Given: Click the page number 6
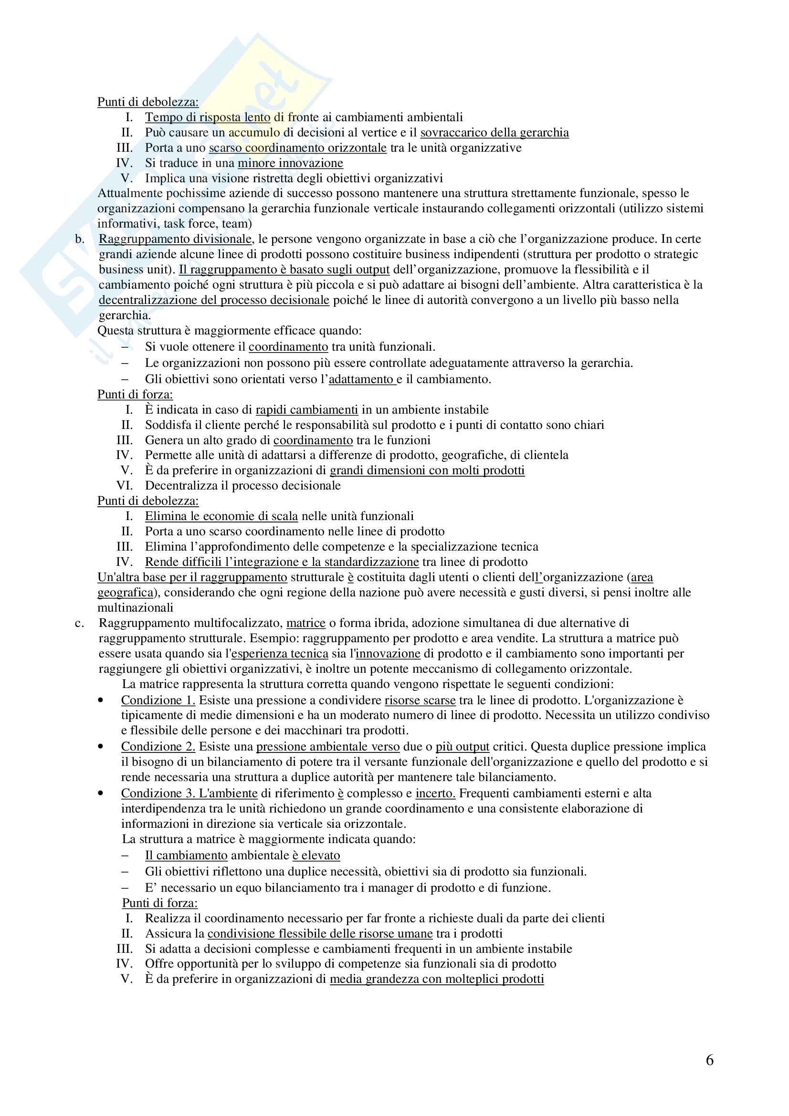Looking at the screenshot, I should (x=709, y=1060).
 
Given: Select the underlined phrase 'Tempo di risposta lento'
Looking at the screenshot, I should (x=208, y=117).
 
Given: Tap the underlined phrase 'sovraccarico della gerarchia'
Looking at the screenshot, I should (x=494, y=133).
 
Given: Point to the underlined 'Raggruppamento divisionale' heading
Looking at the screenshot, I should (x=175, y=239).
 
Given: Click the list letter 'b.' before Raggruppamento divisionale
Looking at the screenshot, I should (x=79, y=239).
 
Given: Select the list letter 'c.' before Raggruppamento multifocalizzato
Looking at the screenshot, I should (x=79, y=623).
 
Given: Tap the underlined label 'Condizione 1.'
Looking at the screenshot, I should (x=158, y=700).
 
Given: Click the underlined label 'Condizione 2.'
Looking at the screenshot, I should (x=158, y=747).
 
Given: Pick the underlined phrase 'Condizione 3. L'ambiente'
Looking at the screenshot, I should (x=189, y=793).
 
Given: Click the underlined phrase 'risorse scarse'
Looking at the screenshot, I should (x=420, y=700).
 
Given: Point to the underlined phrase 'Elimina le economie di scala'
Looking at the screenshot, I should (x=221, y=516).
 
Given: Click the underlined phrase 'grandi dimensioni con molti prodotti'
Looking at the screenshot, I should (x=427, y=470).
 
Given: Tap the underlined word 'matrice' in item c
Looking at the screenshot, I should (x=306, y=623).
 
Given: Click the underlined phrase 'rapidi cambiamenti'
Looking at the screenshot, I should (x=307, y=410).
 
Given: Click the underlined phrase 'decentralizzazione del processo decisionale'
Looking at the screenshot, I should (x=214, y=300).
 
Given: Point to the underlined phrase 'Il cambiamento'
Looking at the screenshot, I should (x=186, y=855).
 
